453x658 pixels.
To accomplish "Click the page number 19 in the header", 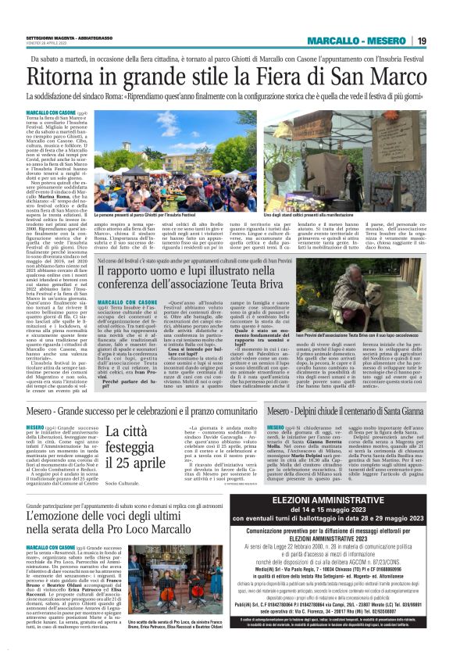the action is (x=421, y=41).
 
